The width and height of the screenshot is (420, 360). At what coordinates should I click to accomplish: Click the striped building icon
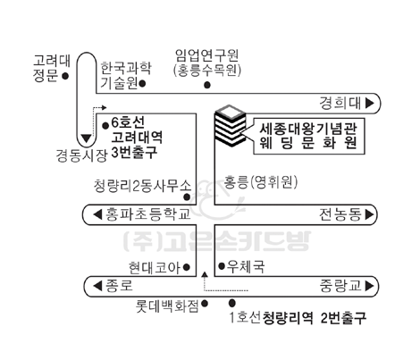pos(231,126)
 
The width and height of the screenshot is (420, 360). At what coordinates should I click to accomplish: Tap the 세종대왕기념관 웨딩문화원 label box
pos(309,136)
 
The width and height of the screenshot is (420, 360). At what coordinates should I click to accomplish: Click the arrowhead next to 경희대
pos(370,103)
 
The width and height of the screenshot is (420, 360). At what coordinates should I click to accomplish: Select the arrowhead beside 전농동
pos(369,214)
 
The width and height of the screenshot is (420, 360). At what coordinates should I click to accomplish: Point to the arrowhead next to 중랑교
pos(369,286)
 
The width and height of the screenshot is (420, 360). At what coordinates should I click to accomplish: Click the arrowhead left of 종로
pos(97,286)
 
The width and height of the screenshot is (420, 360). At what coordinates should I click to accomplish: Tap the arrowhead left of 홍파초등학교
pos(97,214)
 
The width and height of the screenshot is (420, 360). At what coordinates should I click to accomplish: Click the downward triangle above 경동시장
pos(87,138)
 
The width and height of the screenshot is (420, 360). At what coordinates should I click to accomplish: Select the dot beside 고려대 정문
pos(65,76)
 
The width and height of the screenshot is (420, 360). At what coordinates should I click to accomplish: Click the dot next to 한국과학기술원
pos(142,83)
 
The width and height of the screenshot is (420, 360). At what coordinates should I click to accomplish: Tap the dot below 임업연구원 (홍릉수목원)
pos(207,85)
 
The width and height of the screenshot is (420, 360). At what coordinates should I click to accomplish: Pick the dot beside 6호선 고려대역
pos(105,126)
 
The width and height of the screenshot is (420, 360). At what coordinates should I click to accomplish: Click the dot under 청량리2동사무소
pos(187,197)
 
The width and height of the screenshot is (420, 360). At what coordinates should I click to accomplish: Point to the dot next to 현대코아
pos(187,267)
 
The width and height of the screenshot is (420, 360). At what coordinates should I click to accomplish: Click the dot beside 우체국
pos(222,266)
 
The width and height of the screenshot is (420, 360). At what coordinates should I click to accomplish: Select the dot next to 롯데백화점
pos(205,304)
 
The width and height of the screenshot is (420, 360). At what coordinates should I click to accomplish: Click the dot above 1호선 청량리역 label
pos(232,303)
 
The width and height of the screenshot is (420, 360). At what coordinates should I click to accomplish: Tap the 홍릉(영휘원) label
pos(261,182)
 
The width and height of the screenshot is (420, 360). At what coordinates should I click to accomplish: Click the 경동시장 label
pos(81,155)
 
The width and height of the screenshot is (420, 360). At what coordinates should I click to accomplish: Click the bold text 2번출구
pos(343,318)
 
